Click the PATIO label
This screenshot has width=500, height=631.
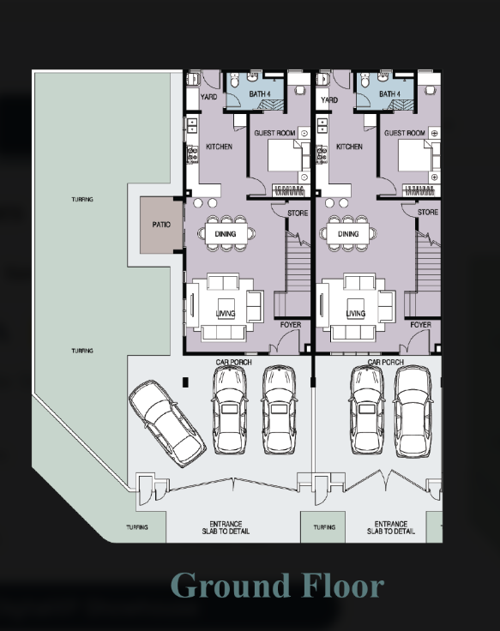point(161,225)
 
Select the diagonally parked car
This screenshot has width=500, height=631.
point(167,424)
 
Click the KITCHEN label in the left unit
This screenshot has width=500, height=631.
point(219,147)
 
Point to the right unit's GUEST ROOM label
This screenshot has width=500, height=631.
point(404,133)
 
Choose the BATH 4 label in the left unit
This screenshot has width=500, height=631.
point(260,93)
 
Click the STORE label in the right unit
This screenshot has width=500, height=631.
point(428,212)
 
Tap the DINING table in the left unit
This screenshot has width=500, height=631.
point(226,234)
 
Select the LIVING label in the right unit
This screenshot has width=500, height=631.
point(355,313)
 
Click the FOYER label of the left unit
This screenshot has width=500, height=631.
point(290,324)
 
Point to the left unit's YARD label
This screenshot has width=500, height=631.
point(208,97)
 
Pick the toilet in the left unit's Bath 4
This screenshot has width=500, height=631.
point(234,81)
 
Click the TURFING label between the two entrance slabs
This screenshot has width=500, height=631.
point(324,527)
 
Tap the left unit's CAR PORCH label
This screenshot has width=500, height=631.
point(233,362)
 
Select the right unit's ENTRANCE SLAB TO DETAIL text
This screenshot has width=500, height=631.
point(390,527)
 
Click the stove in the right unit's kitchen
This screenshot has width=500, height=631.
point(322,154)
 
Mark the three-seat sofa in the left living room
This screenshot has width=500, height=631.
point(224,334)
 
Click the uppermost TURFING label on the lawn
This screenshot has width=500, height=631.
point(82,199)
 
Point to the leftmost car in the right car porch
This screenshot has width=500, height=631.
point(367,411)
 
